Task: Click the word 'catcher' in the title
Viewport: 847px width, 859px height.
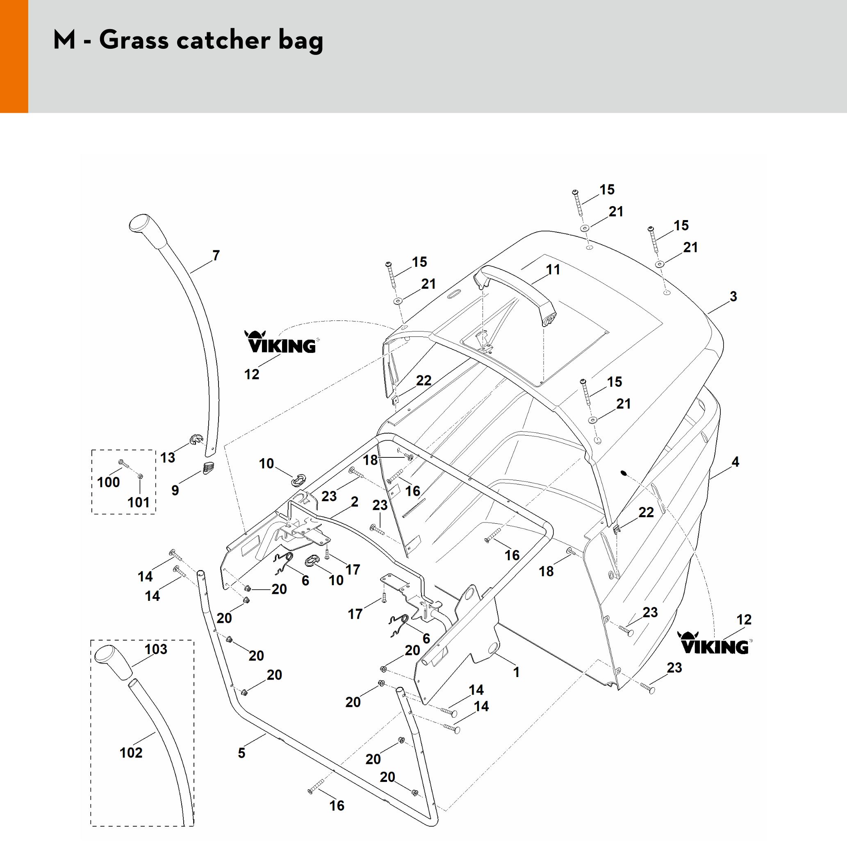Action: (x=223, y=40)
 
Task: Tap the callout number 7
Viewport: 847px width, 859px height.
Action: (x=216, y=256)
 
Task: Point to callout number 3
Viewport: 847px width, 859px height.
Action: (x=733, y=296)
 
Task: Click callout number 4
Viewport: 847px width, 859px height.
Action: (x=735, y=462)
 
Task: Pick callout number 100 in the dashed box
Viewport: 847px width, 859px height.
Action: (x=108, y=482)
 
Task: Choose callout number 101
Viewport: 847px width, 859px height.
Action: (x=138, y=502)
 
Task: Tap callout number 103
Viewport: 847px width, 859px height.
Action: (x=156, y=649)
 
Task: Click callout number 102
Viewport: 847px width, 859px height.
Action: (x=131, y=753)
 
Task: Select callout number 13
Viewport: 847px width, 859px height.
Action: (x=168, y=457)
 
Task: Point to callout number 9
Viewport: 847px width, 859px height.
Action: (x=175, y=491)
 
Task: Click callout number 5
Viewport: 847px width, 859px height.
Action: (x=241, y=753)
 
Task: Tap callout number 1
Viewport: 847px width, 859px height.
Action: (x=516, y=672)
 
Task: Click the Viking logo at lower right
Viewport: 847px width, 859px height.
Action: (x=715, y=643)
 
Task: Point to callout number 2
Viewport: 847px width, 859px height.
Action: (x=354, y=502)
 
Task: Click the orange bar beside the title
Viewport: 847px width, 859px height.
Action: (x=14, y=56)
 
